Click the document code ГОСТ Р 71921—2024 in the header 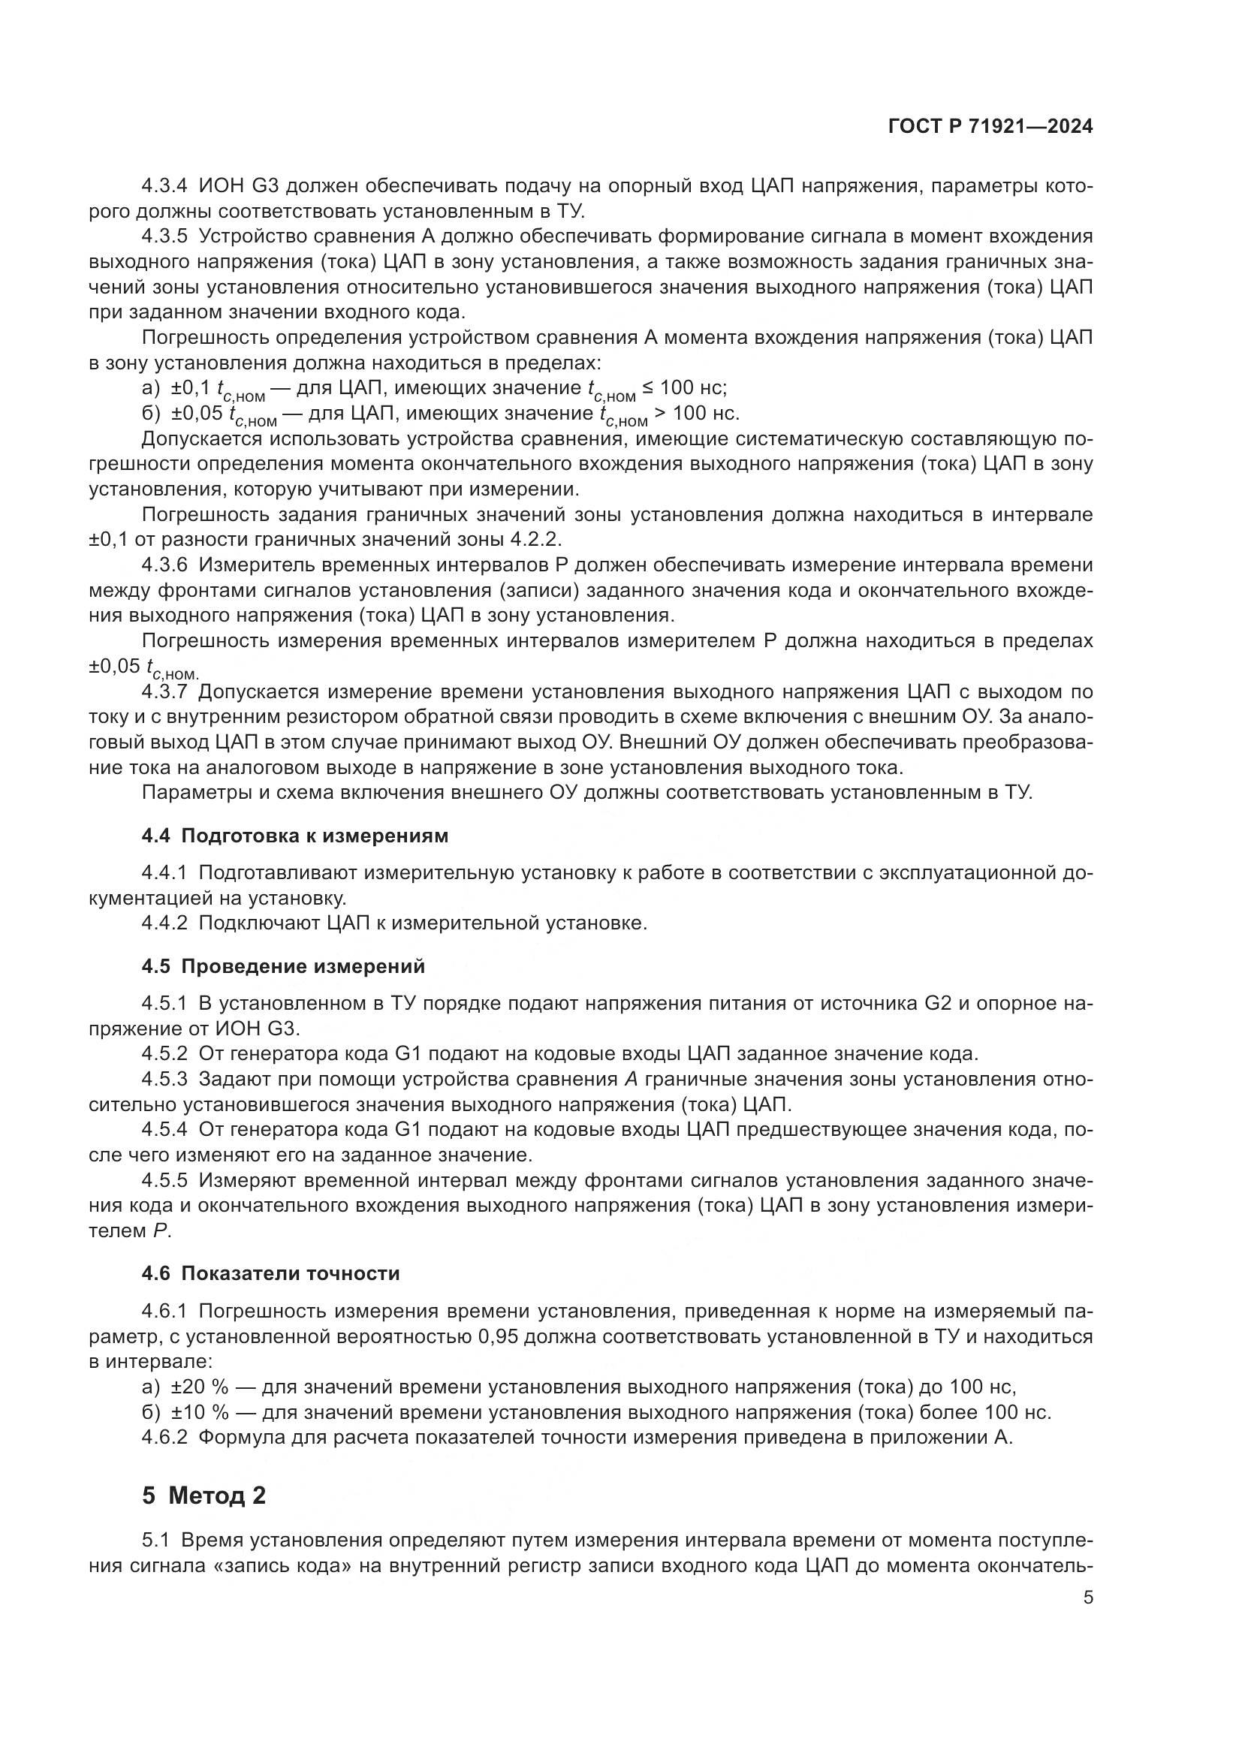pos(990,127)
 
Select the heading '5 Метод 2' pos(203,1495)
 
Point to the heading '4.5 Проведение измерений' pos(283,966)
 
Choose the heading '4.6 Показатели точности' pos(271,1273)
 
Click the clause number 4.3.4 pos(164,186)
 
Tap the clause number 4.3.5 pos(164,236)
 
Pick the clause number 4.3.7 pos(164,692)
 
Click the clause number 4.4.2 pos(164,923)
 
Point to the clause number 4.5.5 pos(164,1180)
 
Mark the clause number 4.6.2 pos(164,1437)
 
